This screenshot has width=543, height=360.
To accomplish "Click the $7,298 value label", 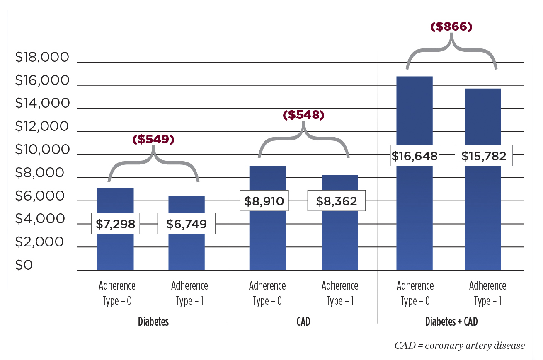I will click(x=116, y=224).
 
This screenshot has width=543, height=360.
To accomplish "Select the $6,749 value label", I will click(x=187, y=224).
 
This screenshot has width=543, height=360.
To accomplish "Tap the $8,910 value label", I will click(x=264, y=201).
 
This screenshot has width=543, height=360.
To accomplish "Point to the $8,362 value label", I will click(x=336, y=201).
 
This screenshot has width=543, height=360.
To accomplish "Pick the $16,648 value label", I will click(x=415, y=156).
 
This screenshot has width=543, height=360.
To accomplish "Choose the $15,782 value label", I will click(x=484, y=156).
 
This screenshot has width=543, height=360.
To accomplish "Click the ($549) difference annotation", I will click(x=153, y=140).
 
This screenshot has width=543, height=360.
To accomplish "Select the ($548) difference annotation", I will click(x=303, y=115).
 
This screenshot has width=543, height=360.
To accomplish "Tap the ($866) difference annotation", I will click(x=451, y=27).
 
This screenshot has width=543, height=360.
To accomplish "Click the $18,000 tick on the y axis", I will click(x=41, y=58).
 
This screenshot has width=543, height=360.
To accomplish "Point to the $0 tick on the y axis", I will click(x=24, y=266).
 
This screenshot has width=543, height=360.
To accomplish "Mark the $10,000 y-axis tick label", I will click(x=41, y=150).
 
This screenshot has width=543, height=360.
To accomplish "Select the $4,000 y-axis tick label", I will click(x=41, y=219).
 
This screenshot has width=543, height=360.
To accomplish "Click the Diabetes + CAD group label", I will click(x=451, y=322).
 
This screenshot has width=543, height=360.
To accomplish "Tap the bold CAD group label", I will click(x=303, y=322).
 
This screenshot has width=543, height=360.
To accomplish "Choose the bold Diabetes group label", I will click(x=153, y=322).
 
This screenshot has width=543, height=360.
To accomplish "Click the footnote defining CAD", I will click(x=460, y=346).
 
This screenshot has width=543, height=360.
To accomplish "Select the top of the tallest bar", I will click(x=415, y=77).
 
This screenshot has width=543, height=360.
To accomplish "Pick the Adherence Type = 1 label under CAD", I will click(x=340, y=293).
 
